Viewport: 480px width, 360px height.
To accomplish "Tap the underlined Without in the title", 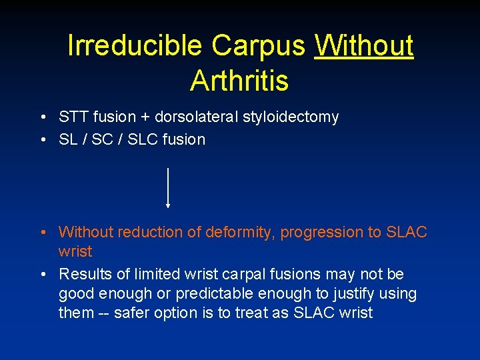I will (364, 46).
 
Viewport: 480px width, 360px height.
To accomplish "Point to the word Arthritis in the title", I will (239, 81).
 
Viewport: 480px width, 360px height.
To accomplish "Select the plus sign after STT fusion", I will (144, 117).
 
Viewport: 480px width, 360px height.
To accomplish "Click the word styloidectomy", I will (293, 117).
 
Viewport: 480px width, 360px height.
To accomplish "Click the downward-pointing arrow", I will (168, 189).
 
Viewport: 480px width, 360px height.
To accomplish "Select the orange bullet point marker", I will (42, 233).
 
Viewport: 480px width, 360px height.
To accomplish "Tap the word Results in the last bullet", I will (82, 274).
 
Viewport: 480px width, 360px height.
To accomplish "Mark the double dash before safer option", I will (106, 313).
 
